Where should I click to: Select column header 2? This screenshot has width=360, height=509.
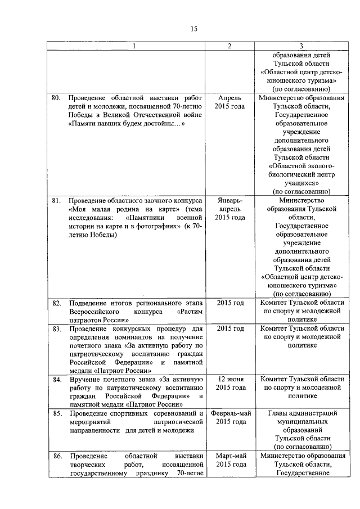(x=229, y=46)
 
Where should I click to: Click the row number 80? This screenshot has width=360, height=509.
(x=56, y=98)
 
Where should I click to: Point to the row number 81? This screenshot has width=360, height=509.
(x=56, y=200)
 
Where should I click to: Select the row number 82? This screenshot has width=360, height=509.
(x=56, y=303)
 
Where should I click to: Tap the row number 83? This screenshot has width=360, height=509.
(x=56, y=328)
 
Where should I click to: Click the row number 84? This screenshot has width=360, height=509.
(x=56, y=380)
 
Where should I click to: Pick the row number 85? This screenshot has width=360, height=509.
(x=56, y=413)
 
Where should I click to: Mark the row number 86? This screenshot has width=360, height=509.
(x=56, y=456)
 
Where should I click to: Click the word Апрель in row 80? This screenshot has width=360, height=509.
(x=230, y=98)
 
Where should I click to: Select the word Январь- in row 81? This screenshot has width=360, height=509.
(x=230, y=200)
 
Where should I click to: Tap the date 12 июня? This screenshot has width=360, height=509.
(x=230, y=380)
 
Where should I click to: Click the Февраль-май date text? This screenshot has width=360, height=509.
(x=230, y=413)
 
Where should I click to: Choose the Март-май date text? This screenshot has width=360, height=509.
(x=230, y=456)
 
